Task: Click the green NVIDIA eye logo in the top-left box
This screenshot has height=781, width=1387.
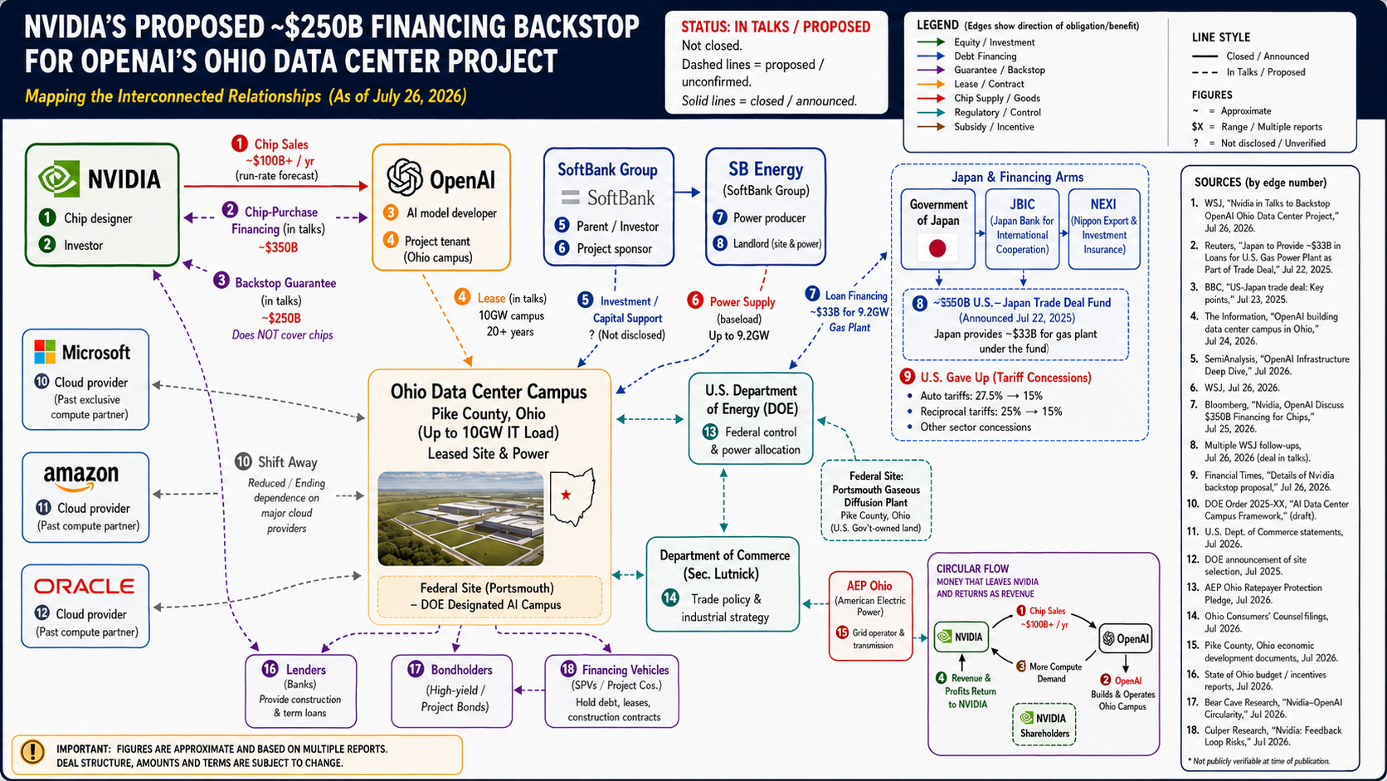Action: coord(59,179)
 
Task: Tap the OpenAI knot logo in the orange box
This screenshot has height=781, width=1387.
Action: coord(404,177)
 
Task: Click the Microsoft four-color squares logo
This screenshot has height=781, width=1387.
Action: coord(45,352)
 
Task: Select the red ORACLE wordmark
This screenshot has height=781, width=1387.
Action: coord(85,587)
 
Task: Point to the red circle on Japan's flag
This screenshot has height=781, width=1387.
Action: coord(937,248)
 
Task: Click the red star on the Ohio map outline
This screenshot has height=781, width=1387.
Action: coord(565,495)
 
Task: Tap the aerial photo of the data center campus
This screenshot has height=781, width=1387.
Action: coord(460,519)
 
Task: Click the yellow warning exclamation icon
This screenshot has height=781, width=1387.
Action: coord(32,752)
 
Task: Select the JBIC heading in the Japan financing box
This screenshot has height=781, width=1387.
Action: coord(1022,204)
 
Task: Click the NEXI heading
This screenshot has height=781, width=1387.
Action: coord(1103,204)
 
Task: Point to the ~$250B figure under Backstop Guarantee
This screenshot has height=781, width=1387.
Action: coord(281,319)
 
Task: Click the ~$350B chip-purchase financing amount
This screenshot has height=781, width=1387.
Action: coord(278,247)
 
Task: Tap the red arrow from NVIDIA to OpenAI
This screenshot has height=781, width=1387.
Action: coord(276,185)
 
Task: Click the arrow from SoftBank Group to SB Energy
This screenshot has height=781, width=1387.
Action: coord(688,193)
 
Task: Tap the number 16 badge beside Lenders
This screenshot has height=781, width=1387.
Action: coord(270,669)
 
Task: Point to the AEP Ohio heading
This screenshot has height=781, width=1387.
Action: coord(869,586)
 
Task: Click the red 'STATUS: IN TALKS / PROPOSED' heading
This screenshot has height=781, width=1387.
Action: coord(776,27)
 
